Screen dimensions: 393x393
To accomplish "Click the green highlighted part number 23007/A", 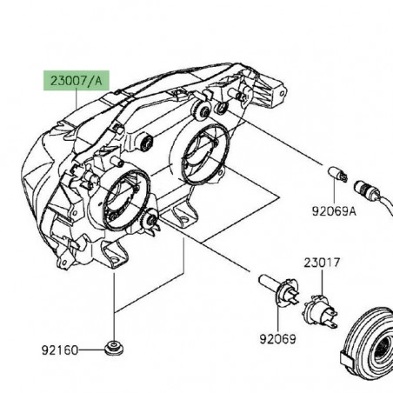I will (76, 81).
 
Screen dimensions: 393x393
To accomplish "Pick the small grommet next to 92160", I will (113, 350).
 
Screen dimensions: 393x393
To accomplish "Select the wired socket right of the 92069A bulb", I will (360, 183).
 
